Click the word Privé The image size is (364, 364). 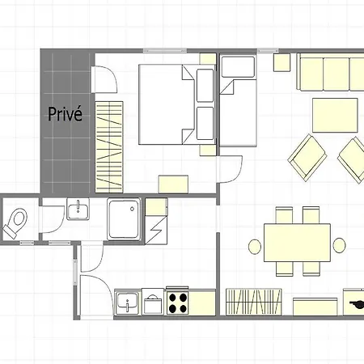tap(65, 114)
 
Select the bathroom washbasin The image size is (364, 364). tap(78, 209)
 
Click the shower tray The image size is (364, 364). tap(124, 219)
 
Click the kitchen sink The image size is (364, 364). tap(128, 303)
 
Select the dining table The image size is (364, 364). tap(298, 243)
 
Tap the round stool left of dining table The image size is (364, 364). tap(255, 247)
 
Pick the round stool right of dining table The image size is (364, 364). tap(339, 245)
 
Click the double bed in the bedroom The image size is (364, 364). tap(177, 104)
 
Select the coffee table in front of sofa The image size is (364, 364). tap(335, 115)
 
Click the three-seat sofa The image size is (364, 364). tap(330, 72)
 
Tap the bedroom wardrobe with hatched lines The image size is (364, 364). tap(109, 147)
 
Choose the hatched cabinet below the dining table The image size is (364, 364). tap(254, 302)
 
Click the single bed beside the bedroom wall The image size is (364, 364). tap(238, 100)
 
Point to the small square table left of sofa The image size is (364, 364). tap(282, 62)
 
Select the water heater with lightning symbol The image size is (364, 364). tap(156, 222)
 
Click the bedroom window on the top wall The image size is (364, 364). tap(165, 50)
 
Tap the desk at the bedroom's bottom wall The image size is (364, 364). tap(173, 184)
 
